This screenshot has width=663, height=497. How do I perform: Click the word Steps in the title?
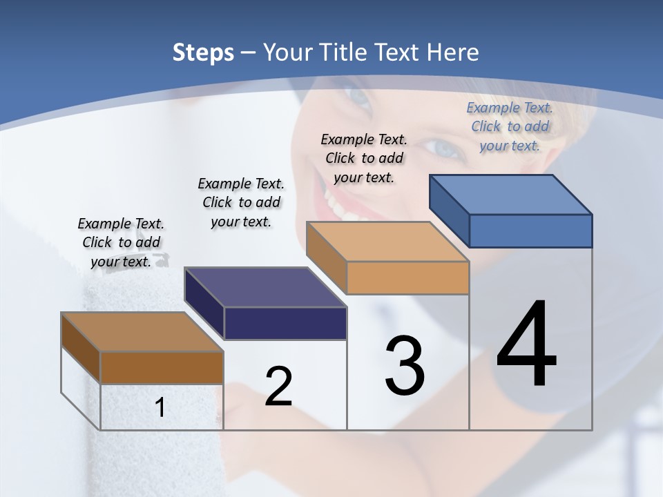pyautogui.click(x=202, y=52)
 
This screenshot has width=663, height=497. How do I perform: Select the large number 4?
pyautogui.click(x=526, y=345)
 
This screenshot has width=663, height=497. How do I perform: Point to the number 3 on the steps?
pyautogui.click(x=405, y=366)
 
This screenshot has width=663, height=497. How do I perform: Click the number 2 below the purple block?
pyautogui.click(x=278, y=387)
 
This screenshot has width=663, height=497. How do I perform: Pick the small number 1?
pyautogui.click(x=160, y=408)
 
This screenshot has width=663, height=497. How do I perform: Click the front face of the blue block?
pyautogui.click(x=530, y=231)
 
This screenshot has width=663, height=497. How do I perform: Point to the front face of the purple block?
pyautogui.click(x=285, y=323)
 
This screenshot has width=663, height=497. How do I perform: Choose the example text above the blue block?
pyautogui.click(x=510, y=126)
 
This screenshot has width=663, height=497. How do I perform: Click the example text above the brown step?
pyautogui.click(x=121, y=242)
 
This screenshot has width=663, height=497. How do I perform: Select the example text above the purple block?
pyautogui.click(x=241, y=202)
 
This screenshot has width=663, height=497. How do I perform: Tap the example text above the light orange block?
pyautogui.click(x=364, y=158)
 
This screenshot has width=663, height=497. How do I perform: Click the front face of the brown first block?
pyautogui.click(x=162, y=368)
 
